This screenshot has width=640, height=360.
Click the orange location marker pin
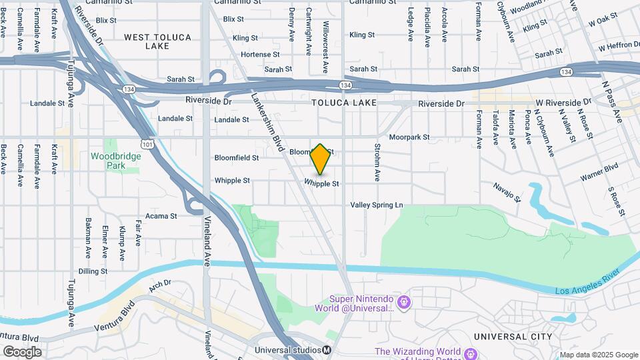(x=321, y=159)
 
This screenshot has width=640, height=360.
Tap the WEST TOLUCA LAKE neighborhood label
(x=157, y=41)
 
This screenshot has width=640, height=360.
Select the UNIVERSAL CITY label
(x=513, y=337)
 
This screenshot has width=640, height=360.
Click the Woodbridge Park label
(x=107, y=160)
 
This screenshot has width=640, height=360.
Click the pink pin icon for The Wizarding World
(x=472, y=352)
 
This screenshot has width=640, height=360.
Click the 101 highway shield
(x=146, y=144)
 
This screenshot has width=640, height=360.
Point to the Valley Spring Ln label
(x=377, y=205)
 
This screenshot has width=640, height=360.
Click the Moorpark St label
(x=409, y=137)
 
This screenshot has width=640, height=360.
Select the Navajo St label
(x=507, y=191)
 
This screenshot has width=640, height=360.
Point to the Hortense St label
(x=259, y=54)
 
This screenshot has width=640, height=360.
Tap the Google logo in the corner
(x=22, y=351)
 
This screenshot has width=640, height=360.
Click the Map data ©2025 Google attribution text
(x=598, y=355)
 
